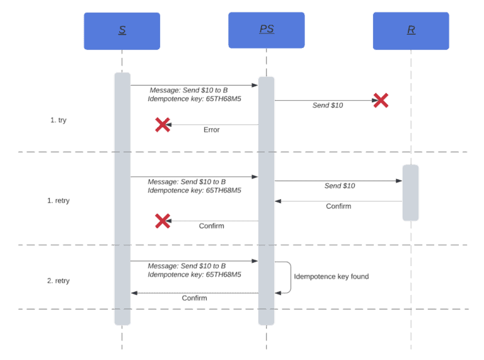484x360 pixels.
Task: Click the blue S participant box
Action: (122, 31)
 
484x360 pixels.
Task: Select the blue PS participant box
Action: (266, 30)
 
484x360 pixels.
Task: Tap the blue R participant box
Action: (411, 31)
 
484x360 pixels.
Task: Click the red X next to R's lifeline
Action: (381, 100)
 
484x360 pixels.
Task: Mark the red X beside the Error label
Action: (163, 125)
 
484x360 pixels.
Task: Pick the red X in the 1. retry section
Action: (163, 221)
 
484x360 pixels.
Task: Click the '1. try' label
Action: (59, 120)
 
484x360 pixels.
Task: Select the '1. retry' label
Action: (59, 201)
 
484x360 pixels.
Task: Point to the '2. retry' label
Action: (59, 281)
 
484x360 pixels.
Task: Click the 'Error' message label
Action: (211, 130)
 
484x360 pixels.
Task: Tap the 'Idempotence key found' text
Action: (331, 277)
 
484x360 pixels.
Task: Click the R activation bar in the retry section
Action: (410, 193)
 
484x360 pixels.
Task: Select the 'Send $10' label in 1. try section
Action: (328, 105)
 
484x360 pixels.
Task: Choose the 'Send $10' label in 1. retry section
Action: (340, 186)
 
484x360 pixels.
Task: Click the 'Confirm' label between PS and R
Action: (338, 206)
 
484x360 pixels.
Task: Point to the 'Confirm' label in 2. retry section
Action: (194, 298)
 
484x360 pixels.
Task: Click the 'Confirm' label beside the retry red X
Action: (211, 226)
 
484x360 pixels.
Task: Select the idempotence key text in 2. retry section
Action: (195, 275)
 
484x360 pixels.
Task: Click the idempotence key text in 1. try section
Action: (195, 99)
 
